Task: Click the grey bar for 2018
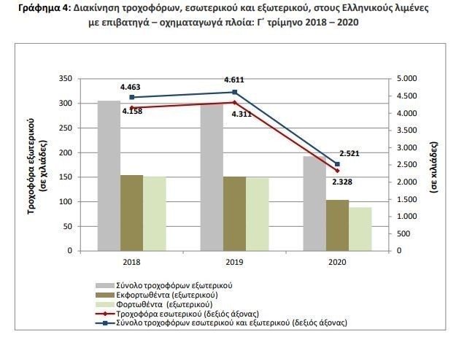[x=109, y=176]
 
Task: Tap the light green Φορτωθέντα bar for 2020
[x=360, y=229]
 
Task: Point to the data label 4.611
[x=235, y=78]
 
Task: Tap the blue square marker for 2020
[x=337, y=164]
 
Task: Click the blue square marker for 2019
[x=234, y=92]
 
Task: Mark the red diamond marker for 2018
[x=132, y=107]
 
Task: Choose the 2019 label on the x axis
[x=234, y=261]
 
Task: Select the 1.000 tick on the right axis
[x=408, y=217]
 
